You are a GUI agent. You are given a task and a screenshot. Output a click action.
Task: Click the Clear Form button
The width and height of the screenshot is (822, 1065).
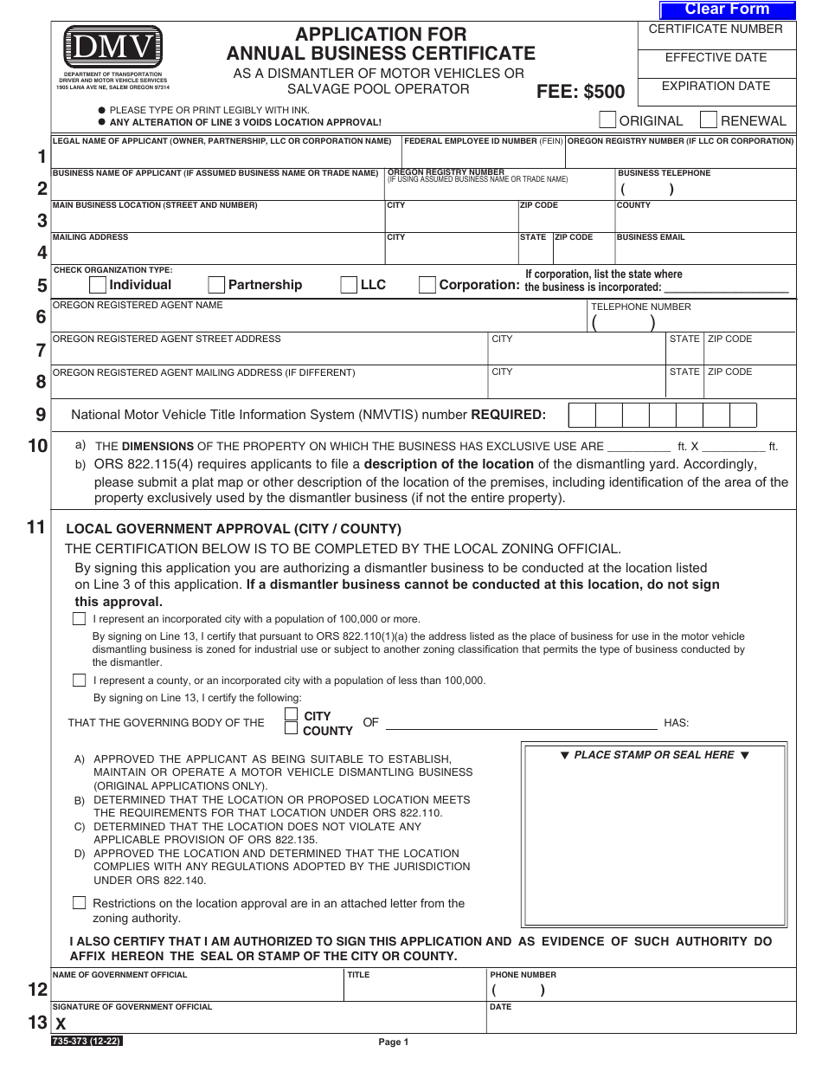click(727, 10)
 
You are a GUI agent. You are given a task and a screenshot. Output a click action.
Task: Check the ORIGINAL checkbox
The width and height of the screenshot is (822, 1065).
click(608, 120)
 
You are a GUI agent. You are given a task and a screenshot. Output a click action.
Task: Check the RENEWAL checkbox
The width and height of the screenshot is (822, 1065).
click(709, 120)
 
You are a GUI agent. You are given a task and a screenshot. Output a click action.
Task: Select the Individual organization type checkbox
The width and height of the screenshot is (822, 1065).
click(99, 285)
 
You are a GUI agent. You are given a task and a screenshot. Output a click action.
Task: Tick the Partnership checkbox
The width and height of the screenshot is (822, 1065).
click(216, 285)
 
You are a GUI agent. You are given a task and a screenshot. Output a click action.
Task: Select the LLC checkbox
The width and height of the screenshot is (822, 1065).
click(349, 285)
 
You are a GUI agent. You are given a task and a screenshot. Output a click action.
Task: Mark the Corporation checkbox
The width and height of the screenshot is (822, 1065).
click(427, 285)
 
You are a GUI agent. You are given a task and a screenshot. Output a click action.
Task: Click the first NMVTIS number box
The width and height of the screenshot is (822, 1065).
click(582, 416)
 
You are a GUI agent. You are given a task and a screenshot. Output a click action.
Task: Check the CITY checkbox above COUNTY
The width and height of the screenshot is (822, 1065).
click(292, 715)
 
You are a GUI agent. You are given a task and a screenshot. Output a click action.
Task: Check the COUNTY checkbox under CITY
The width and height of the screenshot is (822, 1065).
click(292, 730)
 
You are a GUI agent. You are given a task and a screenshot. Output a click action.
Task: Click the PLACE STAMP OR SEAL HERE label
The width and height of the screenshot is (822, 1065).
click(655, 755)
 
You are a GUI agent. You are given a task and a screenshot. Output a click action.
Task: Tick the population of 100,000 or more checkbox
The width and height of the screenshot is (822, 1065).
click(80, 619)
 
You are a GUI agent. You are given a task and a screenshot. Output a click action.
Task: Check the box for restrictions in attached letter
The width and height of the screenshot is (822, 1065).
click(80, 903)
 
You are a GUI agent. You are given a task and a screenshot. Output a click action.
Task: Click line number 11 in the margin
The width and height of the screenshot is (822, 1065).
click(35, 526)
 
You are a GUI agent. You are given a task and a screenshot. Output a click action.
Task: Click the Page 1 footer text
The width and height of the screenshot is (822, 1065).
click(393, 1042)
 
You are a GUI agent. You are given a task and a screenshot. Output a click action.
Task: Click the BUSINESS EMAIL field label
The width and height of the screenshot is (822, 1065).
click(650, 237)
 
